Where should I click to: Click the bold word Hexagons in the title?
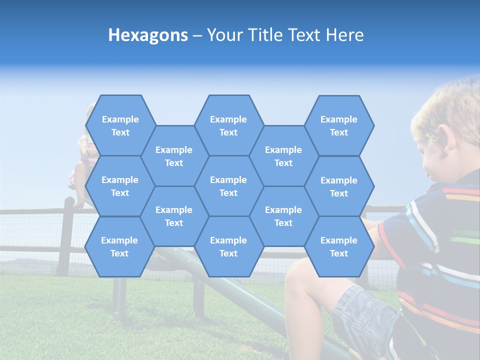[148, 35]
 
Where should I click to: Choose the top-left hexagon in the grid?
[120, 125]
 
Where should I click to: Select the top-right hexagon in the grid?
[339, 125]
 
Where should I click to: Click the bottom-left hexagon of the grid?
[119, 246]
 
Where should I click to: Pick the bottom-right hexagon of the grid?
[339, 246]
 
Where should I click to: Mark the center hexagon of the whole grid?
[228, 186]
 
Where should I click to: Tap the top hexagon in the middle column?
[228, 125]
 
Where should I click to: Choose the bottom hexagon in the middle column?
[228, 246]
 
